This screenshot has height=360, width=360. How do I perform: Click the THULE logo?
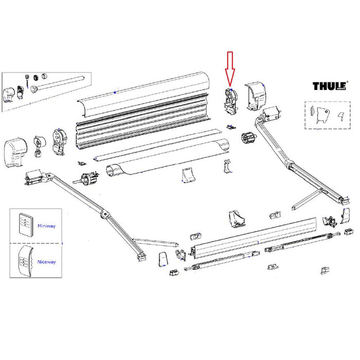point(330,85)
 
